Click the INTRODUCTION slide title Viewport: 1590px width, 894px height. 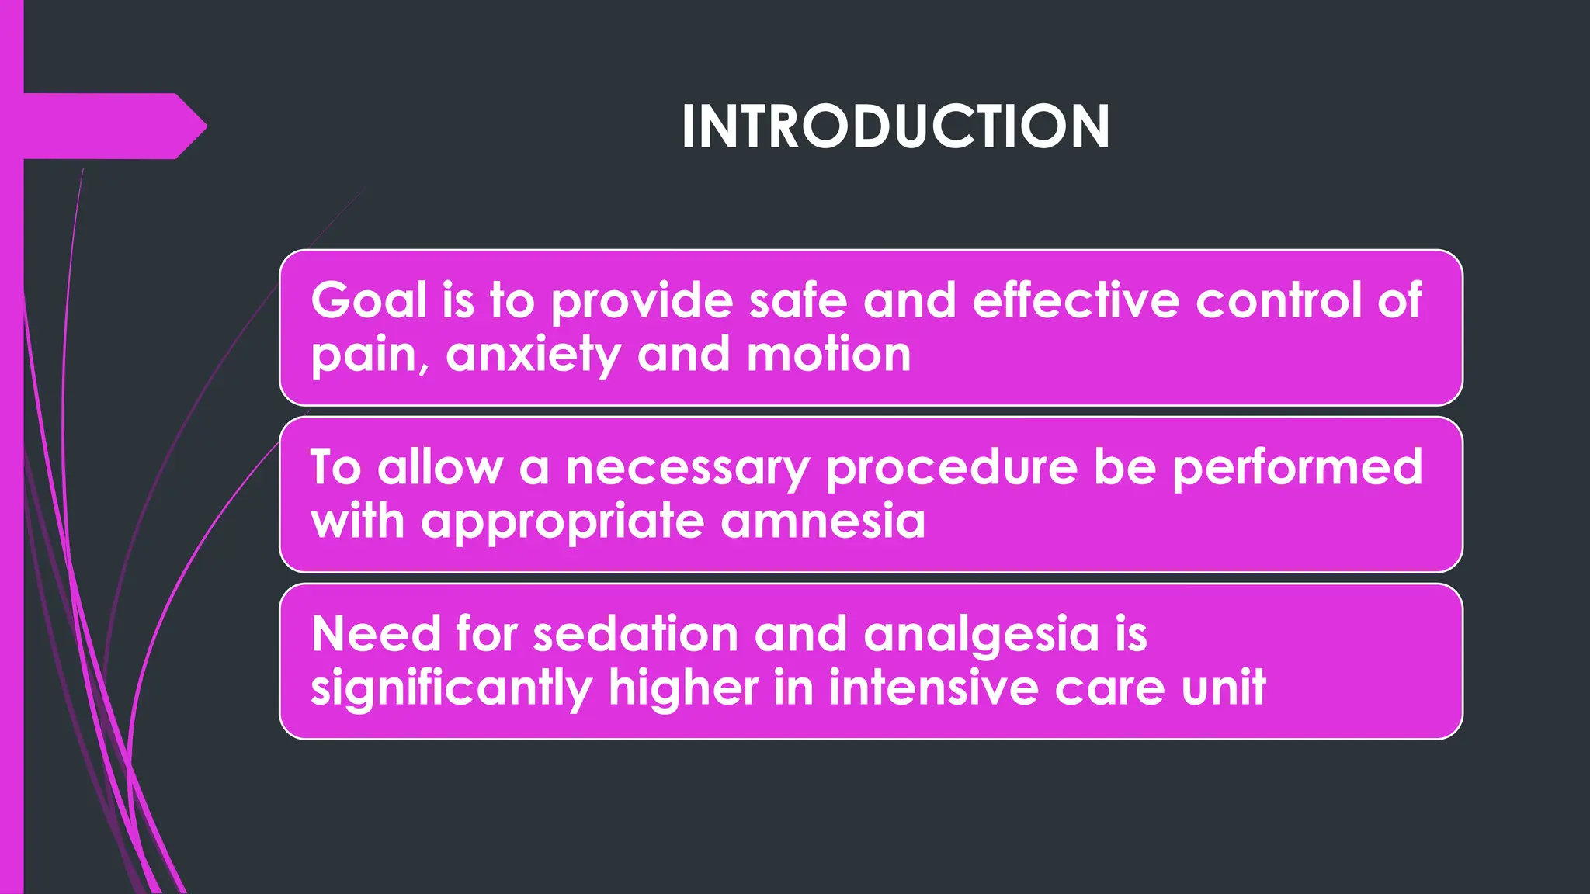click(895, 126)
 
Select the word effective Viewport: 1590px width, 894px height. click(1075, 300)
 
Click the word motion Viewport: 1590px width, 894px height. click(828, 355)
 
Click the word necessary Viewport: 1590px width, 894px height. click(687, 468)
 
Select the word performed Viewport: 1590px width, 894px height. click(1297, 468)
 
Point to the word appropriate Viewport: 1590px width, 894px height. click(562, 522)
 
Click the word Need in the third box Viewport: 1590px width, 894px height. click(376, 635)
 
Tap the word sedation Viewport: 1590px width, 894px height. click(635, 635)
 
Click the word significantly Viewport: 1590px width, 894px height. click(451, 689)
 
